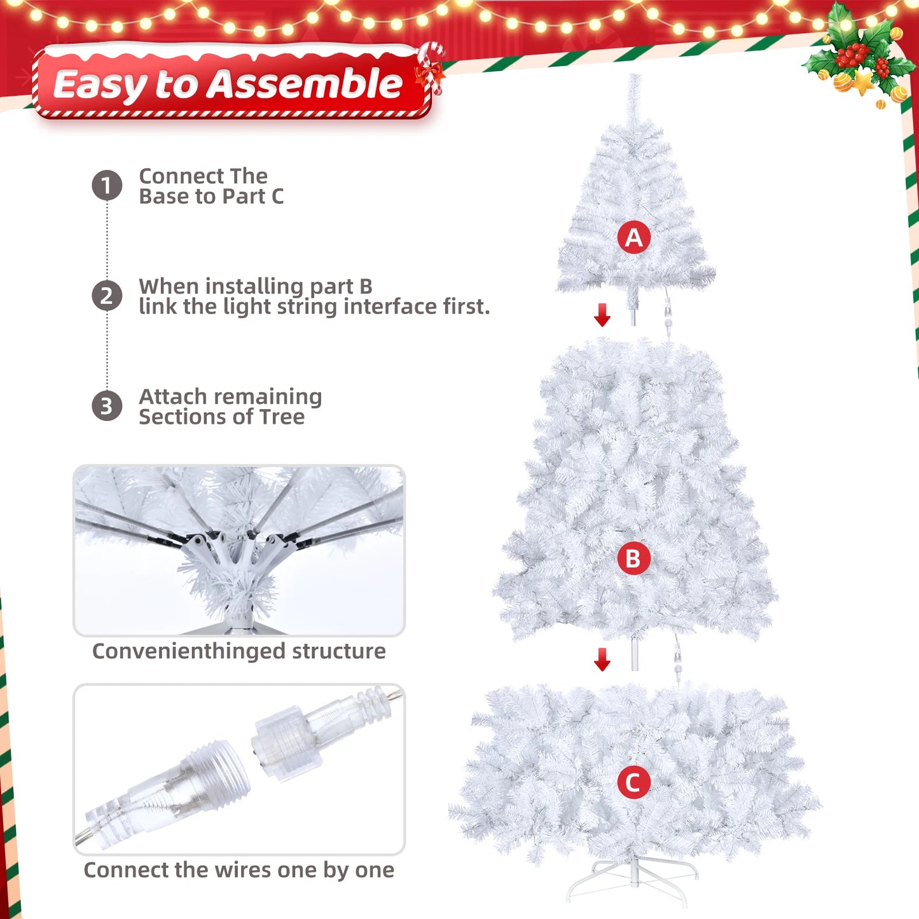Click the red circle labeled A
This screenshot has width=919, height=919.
coord(633,237)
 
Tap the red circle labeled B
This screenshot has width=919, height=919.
coord(633,558)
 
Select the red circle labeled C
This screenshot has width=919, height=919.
coord(633,782)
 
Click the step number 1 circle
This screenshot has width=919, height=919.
coord(107,185)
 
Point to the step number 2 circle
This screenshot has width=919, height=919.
coord(107,296)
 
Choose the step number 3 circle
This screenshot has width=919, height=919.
coord(107,406)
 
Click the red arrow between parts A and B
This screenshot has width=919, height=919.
coord(602,315)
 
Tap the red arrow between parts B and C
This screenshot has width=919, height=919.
coord(602,660)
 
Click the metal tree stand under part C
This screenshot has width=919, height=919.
coord(633,881)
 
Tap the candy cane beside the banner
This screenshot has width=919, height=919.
coord(431,67)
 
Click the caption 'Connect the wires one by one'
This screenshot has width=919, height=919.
coord(238,870)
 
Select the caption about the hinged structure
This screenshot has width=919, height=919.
coord(238,651)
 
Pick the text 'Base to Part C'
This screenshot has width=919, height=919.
coord(211,197)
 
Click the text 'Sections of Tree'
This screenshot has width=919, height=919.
coord(221,417)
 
